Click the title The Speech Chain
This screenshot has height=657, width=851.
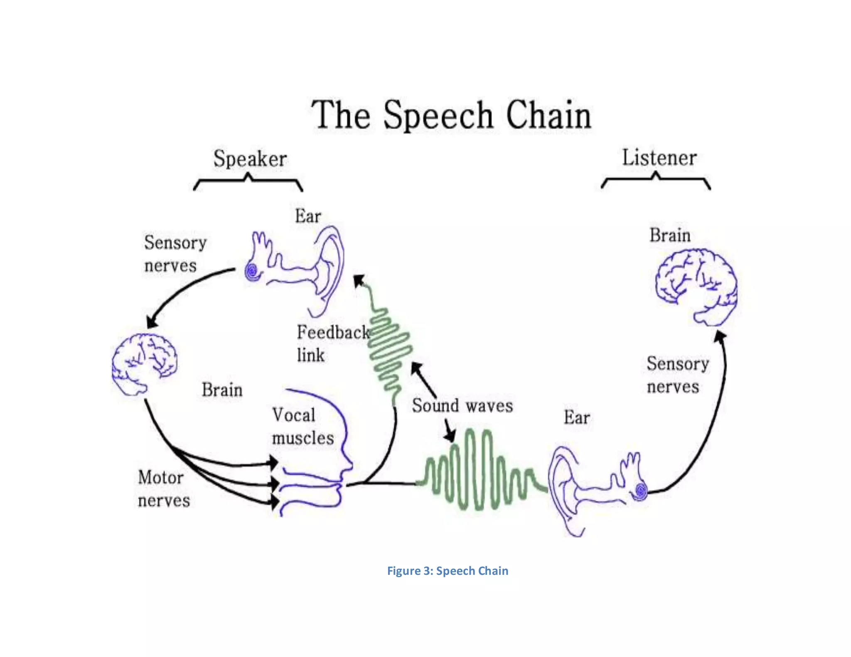coord(451,115)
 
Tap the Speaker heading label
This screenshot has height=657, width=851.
coord(250,159)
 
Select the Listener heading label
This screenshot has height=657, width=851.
coord(659,158)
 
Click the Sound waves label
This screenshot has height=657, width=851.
coord(462,406)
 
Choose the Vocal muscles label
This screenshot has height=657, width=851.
coord(302,427)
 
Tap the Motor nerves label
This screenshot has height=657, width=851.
coord(163,489)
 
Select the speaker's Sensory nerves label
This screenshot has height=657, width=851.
coord(175,254)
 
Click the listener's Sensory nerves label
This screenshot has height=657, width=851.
coord(677,375)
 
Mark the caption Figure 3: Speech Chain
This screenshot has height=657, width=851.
coord(448,571)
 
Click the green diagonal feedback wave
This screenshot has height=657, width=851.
coord(389,349)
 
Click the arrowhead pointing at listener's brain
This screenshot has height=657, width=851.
coord(720,336)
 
